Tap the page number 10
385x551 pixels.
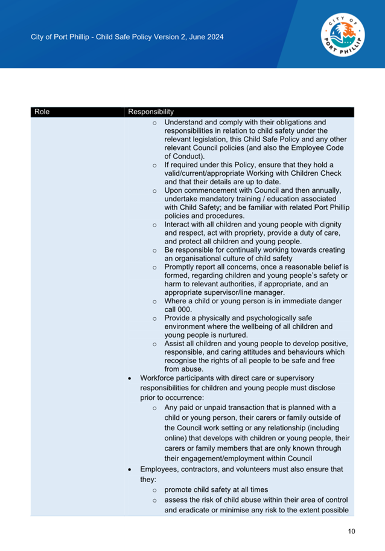[351, 532]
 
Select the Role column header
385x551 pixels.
[42, 112]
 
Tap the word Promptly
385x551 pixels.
[180, 266]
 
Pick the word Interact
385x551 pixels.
[179, 224]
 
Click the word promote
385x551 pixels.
[179, 489]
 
